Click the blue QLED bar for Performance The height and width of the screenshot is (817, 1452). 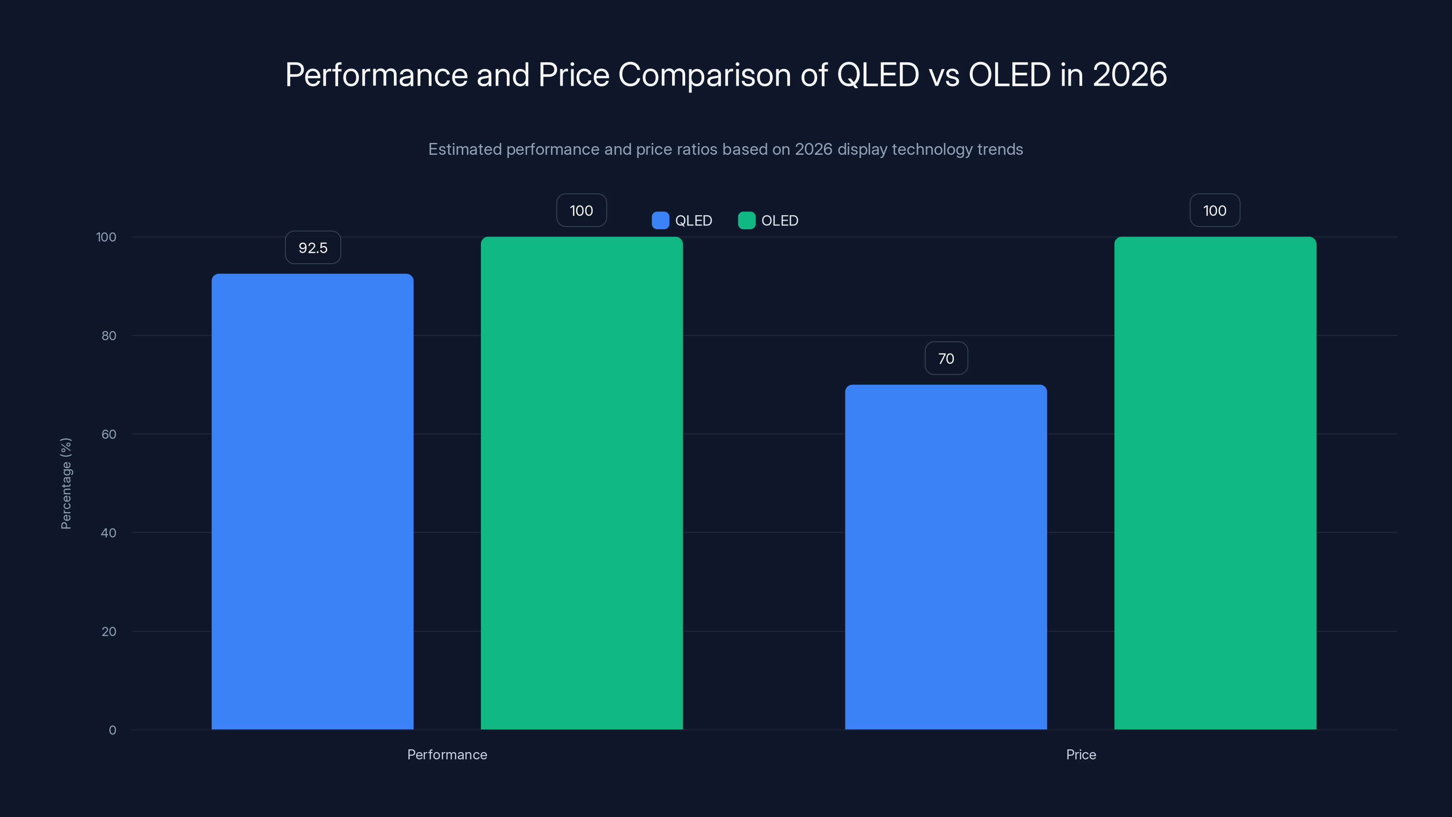pyautogui.click(x=312, y=502)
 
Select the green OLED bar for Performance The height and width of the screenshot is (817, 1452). pyautogui.click(x=581, y=483)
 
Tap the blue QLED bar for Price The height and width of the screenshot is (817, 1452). pyautogui.click(x=946, y=557)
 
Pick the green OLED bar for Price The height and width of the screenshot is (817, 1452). pyautogui.click(x=1215, y=483)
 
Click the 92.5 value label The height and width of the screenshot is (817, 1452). pyautogui.click(x=313, y=247)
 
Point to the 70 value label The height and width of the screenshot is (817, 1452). pyautogui.click(x=946, y=359)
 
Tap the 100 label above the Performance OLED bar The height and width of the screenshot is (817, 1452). pyautogui.click(x=581, y=210)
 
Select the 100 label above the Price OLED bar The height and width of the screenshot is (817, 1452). pyautogui.click(x=1215, y=210)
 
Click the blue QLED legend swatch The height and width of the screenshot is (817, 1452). pyautogui.click(x=660, y=221)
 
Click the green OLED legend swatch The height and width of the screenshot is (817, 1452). pyautogui.click(x=746, y=221)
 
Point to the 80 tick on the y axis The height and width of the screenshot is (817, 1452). pyautogui.click(x=109, y=336)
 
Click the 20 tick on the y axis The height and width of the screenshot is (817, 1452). pyautogui.click(x=109, y=631)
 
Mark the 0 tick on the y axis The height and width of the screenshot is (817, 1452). pyautogui.click(x=112, y=730)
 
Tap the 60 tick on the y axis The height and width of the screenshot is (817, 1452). pyautogui.click(x=109, y=434)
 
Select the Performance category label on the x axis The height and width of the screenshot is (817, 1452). pyautogui.click(x=447, y=754)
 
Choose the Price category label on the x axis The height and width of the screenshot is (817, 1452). pyautogui.click(x=1080, y=754)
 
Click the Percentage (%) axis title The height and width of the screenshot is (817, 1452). pyautogui.click(x=66, y=483)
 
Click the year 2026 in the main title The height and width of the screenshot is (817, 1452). pyautogui.click(x=1129, y=74)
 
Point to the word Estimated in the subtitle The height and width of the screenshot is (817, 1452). pyautogui.click(x=465, y=149)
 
